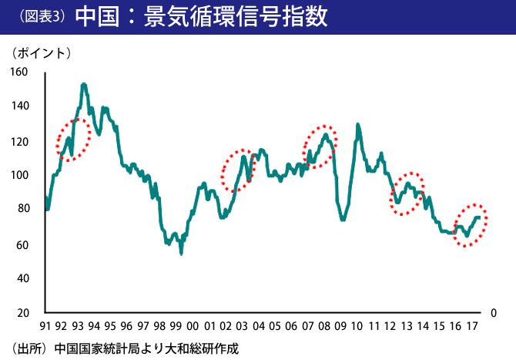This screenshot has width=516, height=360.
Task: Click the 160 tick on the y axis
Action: click(x=18, y=72)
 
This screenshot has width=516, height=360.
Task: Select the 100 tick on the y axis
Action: click(x=18, y=176)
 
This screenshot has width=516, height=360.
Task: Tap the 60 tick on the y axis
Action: click(x=22, y=245)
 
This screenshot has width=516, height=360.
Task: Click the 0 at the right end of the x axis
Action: click(x=494, y=313)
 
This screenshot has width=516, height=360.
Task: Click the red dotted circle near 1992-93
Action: click(x=74, y=140)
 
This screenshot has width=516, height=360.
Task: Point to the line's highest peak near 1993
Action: click(x=84, y=84)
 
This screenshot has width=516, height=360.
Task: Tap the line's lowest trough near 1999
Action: click(x=181, y=253)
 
